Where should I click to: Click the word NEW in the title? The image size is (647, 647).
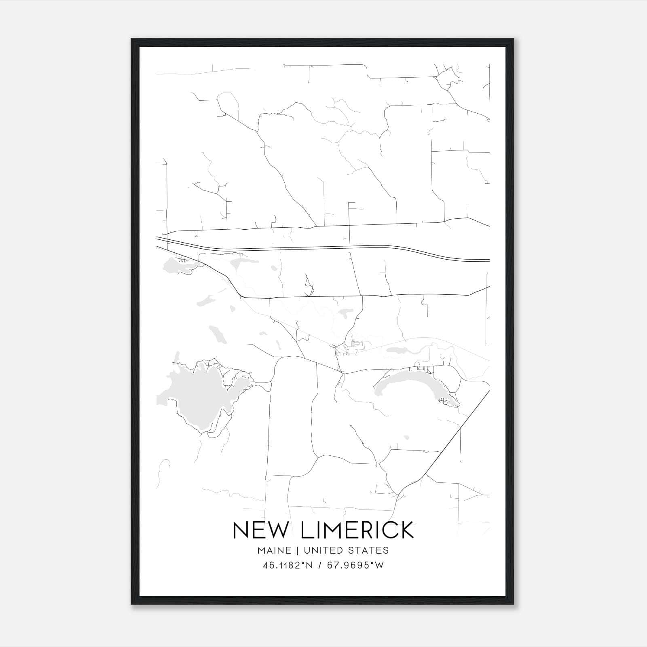pos(262,530)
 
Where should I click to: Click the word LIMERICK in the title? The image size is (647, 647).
pos(357,530)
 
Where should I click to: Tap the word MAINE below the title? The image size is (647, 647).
pos(274,550)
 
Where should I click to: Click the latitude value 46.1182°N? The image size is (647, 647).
pos(288,565)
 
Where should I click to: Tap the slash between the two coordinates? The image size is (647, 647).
pos(320,565)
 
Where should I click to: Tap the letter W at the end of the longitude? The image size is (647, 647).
pos(379,565)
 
